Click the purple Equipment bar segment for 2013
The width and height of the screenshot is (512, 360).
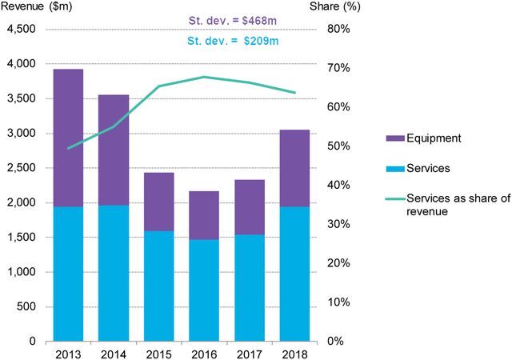(x=69, y=138)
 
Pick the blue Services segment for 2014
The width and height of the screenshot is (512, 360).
(x=114, y=273)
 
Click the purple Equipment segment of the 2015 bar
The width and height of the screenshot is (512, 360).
(x=159, y=202)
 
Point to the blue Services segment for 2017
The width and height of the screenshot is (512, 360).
(x=250, y=287)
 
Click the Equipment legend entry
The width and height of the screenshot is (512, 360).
(x=422, y=138)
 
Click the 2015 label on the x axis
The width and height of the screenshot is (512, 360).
(x=159, y=353)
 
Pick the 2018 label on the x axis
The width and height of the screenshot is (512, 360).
(x=294, y=353)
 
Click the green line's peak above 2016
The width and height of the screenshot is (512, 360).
(x=204, y=77)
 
